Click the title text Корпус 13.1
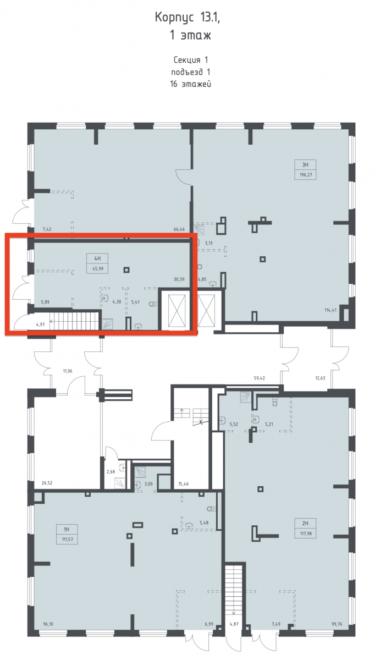click(187, 18)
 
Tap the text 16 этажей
click(191, 84)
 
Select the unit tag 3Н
click(305, 164)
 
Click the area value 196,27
click(306, 175)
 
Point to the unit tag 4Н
click(97, 258)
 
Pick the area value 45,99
click(98, 269)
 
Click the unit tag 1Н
click(67, 530)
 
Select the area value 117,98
click(306, 533)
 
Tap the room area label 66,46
click(179, 229)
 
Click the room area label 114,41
click(330, 310)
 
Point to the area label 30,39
click(179, 279)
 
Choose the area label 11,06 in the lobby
click(68, 371)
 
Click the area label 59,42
click(259, 378)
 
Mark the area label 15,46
click(184, 484)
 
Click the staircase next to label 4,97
click(76, 321)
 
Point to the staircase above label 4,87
click(234, 589)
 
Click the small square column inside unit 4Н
click(126, 269)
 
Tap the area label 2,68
click(111, 472)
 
